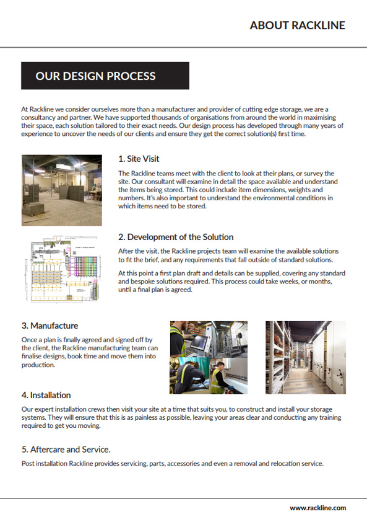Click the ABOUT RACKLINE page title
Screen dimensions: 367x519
coord(297,25)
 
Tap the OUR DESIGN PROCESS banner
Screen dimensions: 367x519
coord(105,76)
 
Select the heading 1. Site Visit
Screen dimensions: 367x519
coord(139,159)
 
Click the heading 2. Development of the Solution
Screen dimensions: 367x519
coord(176,237)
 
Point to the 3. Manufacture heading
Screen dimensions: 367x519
coord(50,326)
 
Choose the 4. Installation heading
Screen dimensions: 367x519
coord(46,395)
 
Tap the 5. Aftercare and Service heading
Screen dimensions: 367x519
coord(66,450)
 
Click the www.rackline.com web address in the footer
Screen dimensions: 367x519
coord(317,508)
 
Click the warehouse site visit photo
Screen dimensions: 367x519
coord(62,190)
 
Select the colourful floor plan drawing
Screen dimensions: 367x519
coord(62,268)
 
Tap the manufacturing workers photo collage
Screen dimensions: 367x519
coord(209,358)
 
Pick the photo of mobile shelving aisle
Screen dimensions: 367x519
coord(306,358)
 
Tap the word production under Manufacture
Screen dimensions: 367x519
coord(38,365)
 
